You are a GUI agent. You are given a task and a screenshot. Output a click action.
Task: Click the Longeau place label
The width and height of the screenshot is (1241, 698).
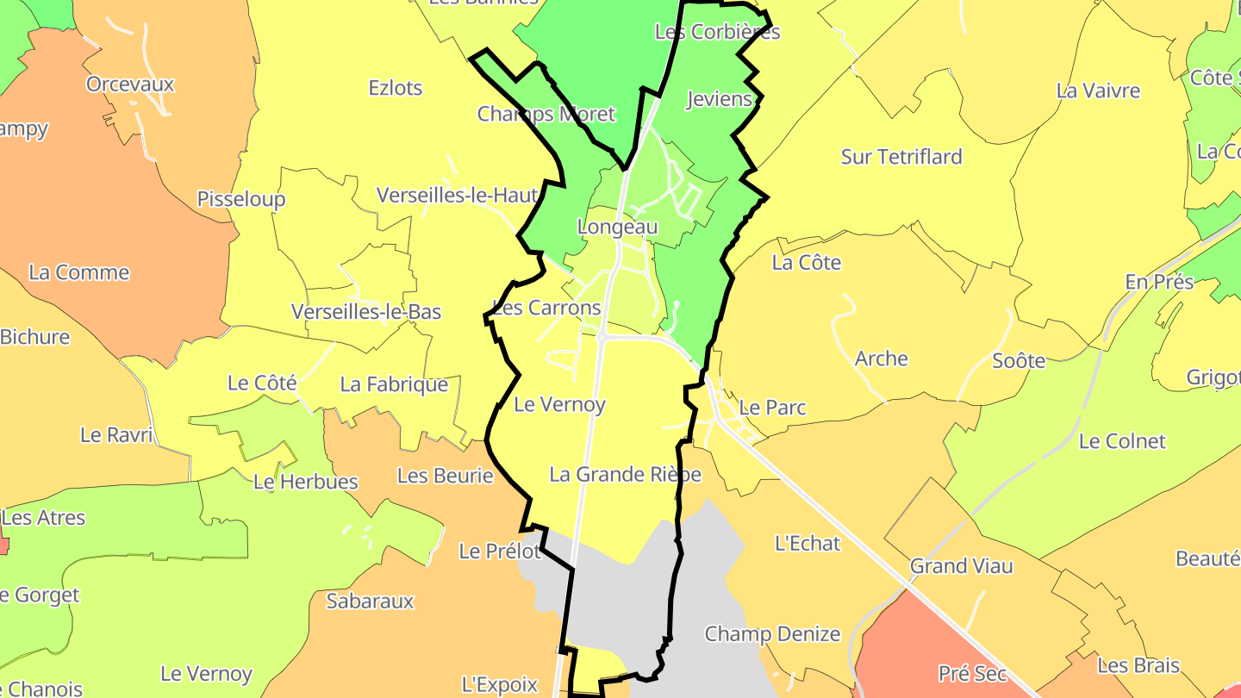616,227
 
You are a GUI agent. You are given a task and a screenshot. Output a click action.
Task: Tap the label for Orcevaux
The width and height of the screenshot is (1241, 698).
130,84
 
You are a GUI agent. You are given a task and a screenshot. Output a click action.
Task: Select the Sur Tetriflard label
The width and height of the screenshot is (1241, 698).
901,157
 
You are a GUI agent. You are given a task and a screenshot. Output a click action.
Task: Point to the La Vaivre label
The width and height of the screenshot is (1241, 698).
1098,90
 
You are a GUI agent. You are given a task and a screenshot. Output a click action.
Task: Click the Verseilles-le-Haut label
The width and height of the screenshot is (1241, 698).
458,196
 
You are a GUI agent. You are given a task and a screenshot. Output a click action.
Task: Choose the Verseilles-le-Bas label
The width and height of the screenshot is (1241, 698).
366,311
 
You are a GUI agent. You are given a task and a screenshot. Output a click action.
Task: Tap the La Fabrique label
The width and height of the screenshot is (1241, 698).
394,384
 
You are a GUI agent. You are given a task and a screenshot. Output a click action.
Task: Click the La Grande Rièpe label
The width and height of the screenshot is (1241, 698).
625,475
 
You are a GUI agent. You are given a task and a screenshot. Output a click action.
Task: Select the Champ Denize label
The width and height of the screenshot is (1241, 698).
772,634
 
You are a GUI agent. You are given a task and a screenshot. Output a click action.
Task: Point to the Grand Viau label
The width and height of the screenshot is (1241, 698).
962,567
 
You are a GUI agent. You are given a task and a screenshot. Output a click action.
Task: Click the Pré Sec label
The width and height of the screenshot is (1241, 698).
972,673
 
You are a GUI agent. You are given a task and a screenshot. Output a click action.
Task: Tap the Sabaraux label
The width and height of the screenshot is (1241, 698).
370,601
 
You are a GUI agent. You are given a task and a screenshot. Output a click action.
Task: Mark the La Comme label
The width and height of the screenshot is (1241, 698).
78,272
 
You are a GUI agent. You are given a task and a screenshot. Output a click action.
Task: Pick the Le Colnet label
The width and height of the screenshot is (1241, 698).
1122,441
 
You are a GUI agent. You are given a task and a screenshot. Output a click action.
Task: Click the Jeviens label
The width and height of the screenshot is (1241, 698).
719,99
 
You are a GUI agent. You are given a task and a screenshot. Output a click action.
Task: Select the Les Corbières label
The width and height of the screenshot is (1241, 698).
717,32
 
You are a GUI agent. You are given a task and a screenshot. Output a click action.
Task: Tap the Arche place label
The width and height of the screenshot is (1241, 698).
881,358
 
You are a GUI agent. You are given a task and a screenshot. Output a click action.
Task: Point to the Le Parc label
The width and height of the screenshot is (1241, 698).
772,408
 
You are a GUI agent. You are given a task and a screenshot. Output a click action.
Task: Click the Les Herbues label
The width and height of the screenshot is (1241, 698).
305,482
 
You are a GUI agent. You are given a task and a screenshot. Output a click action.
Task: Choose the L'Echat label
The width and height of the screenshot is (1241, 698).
808,543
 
